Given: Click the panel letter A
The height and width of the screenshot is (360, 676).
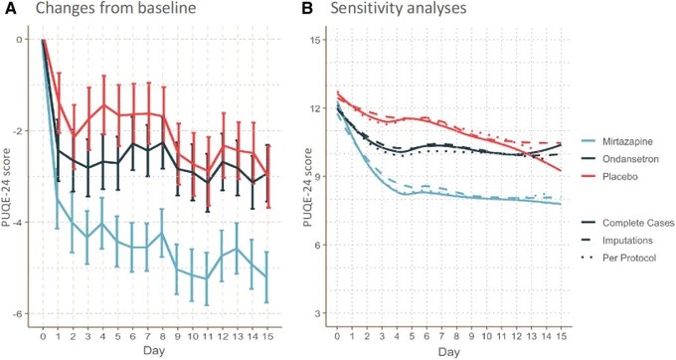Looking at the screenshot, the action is (10, 8).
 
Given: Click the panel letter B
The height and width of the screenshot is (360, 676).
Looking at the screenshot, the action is (307, 8).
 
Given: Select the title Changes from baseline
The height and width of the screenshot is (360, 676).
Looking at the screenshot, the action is (115, 8).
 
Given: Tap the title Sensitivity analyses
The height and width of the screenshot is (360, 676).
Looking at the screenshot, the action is (399, 8).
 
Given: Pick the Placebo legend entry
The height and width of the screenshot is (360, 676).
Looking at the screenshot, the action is (609, 177).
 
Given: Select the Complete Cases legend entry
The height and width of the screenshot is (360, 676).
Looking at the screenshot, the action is (627, 223).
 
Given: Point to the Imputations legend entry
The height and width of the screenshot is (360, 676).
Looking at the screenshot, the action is (617, 241).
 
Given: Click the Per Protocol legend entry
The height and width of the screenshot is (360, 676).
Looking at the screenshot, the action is (618, 258).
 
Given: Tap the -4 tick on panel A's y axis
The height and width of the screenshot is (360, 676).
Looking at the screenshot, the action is (18, 223).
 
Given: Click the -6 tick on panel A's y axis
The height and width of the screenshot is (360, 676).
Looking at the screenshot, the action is (18, 314).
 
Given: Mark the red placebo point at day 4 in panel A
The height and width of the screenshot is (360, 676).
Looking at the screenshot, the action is (103, 104).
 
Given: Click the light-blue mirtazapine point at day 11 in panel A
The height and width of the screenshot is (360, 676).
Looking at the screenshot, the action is (208, 278).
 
